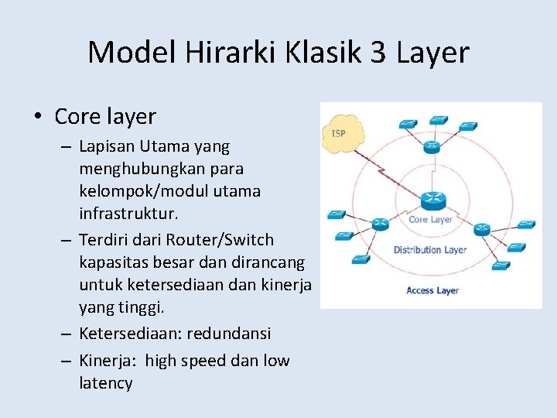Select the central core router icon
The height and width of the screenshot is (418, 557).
coord(432,201)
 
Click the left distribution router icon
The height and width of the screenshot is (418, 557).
coord(379,224)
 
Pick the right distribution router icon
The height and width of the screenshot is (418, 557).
coord(483,228)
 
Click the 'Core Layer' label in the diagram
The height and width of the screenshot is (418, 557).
coord(431,220)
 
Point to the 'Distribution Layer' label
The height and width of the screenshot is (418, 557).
coord(430,250)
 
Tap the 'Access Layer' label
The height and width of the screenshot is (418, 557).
coord(432,290)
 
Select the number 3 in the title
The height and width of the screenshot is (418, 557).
coord(379,53)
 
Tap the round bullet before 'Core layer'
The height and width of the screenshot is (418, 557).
coord(37,118)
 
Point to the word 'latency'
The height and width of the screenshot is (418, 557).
coord(105,382)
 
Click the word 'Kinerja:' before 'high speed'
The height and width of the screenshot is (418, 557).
coord(108,361)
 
